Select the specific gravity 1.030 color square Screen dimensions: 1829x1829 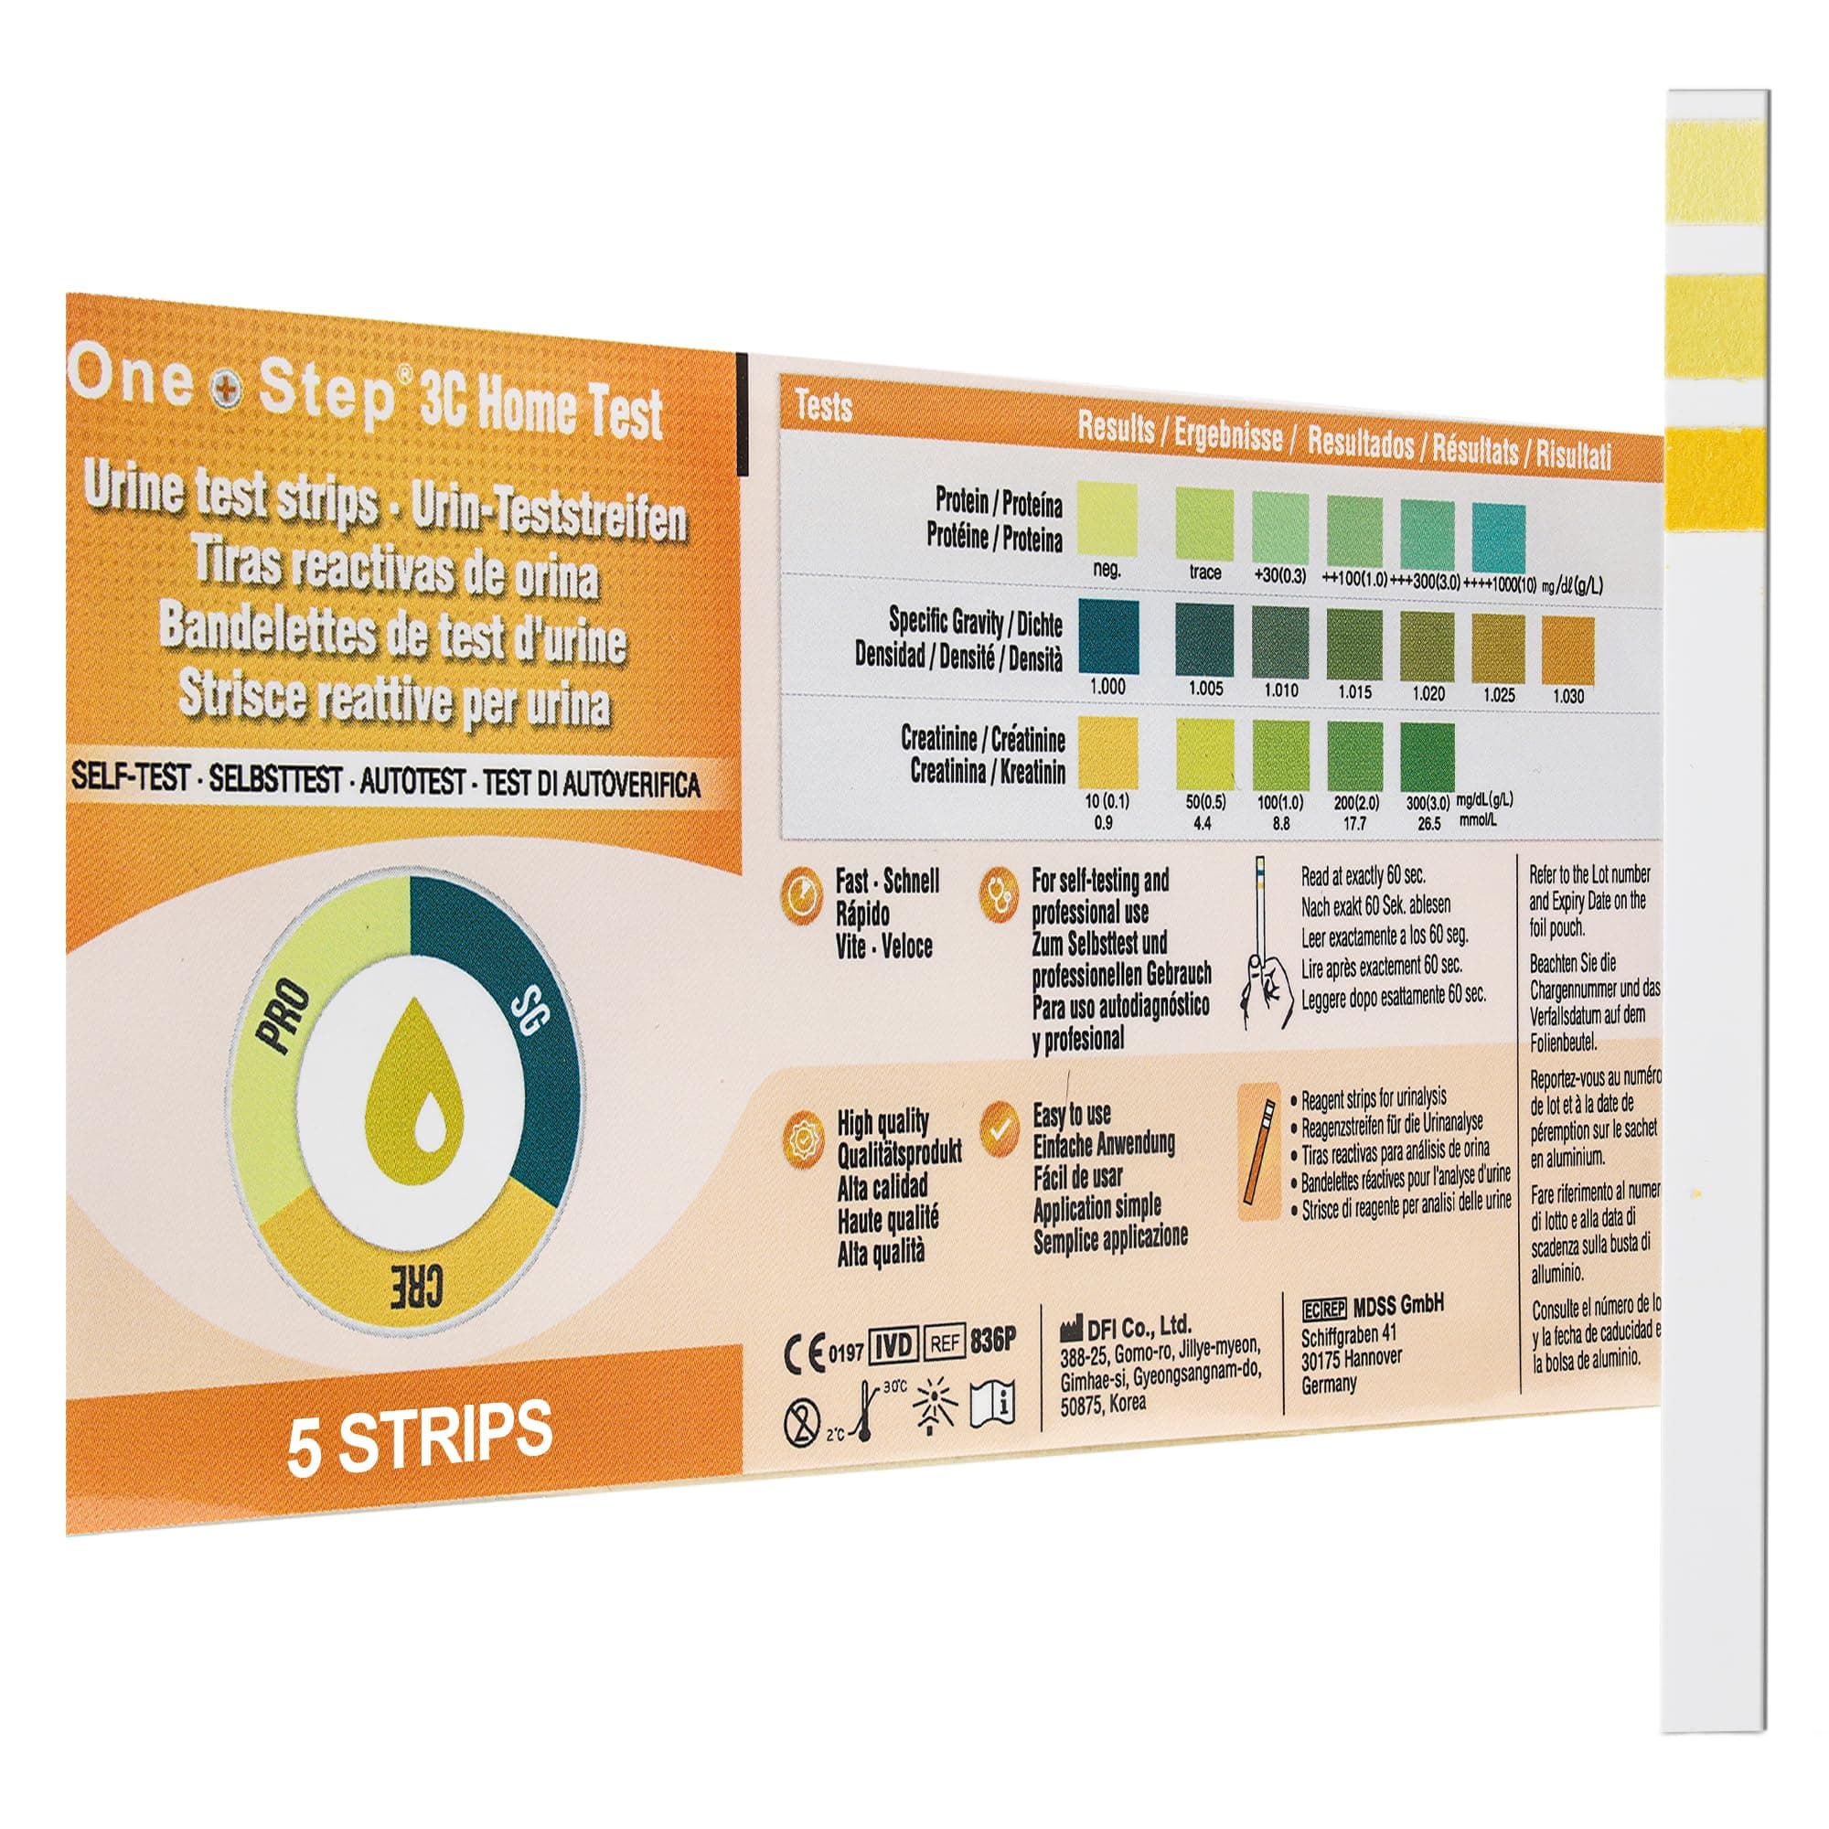[x=1567, y=650]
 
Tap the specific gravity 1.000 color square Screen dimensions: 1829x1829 [x=1107, y=636]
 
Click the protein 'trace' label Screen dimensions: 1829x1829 [x=1205, y=572]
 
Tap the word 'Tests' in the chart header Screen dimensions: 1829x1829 [x=824, y=408]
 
